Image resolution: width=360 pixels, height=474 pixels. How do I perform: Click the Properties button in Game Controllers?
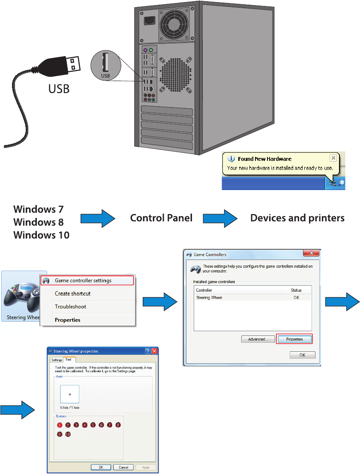pos(294,339)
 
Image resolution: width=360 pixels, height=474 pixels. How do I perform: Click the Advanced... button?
pos(258,339)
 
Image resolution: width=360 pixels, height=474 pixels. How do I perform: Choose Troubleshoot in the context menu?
pos(70,307)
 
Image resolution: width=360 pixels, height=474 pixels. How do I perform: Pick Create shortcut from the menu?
pos(72,294)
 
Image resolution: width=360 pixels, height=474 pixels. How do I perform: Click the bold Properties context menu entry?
pos(67,320)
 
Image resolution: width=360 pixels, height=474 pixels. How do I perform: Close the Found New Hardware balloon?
pos(333,158)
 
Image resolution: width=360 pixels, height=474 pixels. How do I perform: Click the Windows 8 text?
pos(39,222)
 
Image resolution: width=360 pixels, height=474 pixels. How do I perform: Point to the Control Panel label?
pos(161,218)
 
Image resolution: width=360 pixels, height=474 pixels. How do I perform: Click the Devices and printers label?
pos(297,218)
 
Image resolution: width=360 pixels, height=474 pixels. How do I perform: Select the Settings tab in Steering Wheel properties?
pos(57,360)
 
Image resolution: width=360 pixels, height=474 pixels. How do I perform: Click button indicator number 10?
pos(68,434)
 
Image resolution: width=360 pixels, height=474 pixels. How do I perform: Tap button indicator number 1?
pos(60,425)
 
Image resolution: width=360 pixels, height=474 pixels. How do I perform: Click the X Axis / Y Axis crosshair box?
pos(70,394)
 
